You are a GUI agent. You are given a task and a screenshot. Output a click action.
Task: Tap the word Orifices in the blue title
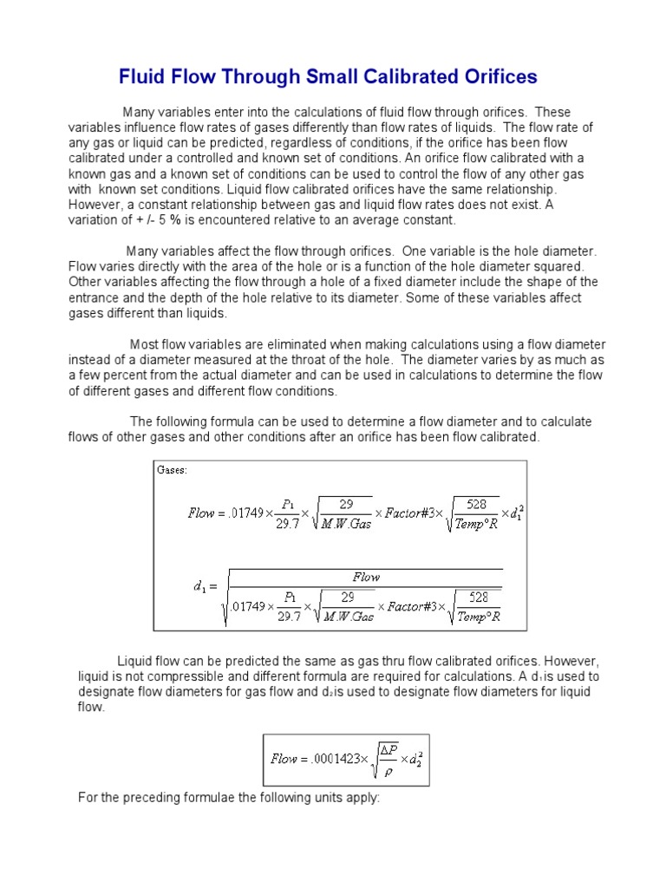tap(499, 77)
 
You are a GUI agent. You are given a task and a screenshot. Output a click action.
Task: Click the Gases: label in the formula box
tap(172, 470)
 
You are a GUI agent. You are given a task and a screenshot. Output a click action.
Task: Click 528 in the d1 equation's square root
tap(477, 597)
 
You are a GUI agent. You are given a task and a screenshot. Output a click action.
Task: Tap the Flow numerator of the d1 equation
tap(366, 577)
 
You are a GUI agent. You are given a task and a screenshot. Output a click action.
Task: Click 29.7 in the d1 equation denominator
tap(290, 617)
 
